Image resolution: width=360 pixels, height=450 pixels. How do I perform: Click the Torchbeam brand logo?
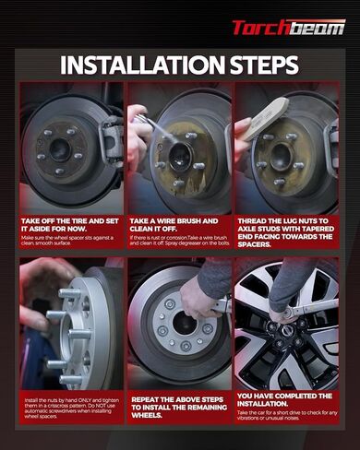pos(288,27)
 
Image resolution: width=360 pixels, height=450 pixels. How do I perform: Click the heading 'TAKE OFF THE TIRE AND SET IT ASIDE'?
pos(72,226)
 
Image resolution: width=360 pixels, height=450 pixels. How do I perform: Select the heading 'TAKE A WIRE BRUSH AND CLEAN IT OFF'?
pos(175,226)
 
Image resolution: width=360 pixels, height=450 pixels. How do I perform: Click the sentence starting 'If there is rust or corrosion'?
pos(179,242)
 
